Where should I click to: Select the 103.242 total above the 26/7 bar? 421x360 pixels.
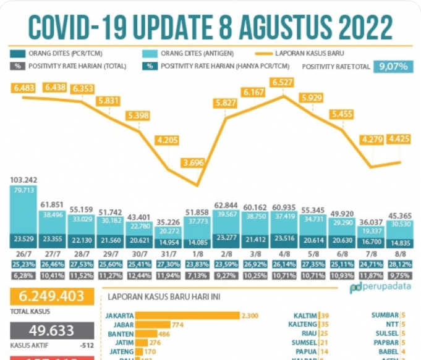click(25, 180)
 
